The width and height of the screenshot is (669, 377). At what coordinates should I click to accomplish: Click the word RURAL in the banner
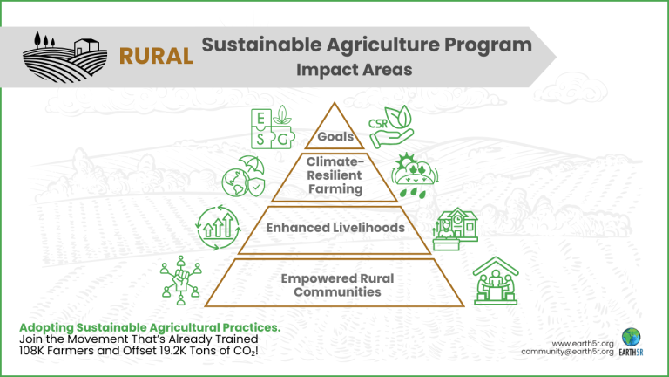tap(156, 57)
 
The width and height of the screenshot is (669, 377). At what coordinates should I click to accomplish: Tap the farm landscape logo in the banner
tap(64, 57)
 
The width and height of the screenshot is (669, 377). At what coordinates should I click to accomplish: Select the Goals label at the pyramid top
tap(335, 136)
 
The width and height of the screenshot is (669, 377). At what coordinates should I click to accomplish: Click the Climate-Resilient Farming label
tap(334, 175)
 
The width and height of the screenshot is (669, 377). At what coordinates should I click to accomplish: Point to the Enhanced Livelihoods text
tap(335, 228)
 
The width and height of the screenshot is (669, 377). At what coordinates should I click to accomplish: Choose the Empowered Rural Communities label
tap(337, 285)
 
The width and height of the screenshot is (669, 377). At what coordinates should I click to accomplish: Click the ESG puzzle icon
tap(273, 127)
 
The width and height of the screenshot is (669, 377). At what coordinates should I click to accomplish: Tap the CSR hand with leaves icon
tap(391, 127)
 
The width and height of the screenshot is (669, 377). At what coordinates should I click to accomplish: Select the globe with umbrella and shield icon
tap(243, 176)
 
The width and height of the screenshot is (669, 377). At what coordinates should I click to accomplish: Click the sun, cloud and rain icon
tap(415, 175)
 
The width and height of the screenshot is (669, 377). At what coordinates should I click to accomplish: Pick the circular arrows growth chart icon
tap(219, 228)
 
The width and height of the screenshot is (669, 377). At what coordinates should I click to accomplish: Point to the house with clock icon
tap(456, 230)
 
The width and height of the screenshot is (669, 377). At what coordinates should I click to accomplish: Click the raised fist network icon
tap(181, 280)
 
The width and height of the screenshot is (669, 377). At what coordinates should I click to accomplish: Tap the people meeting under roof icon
tap(496, 281)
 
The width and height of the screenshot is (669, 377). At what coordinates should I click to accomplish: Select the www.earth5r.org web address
tap(583, 343)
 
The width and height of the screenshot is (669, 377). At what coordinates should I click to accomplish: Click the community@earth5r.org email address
tap(567, 352)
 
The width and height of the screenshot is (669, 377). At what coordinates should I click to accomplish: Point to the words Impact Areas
tap(355, 70)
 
